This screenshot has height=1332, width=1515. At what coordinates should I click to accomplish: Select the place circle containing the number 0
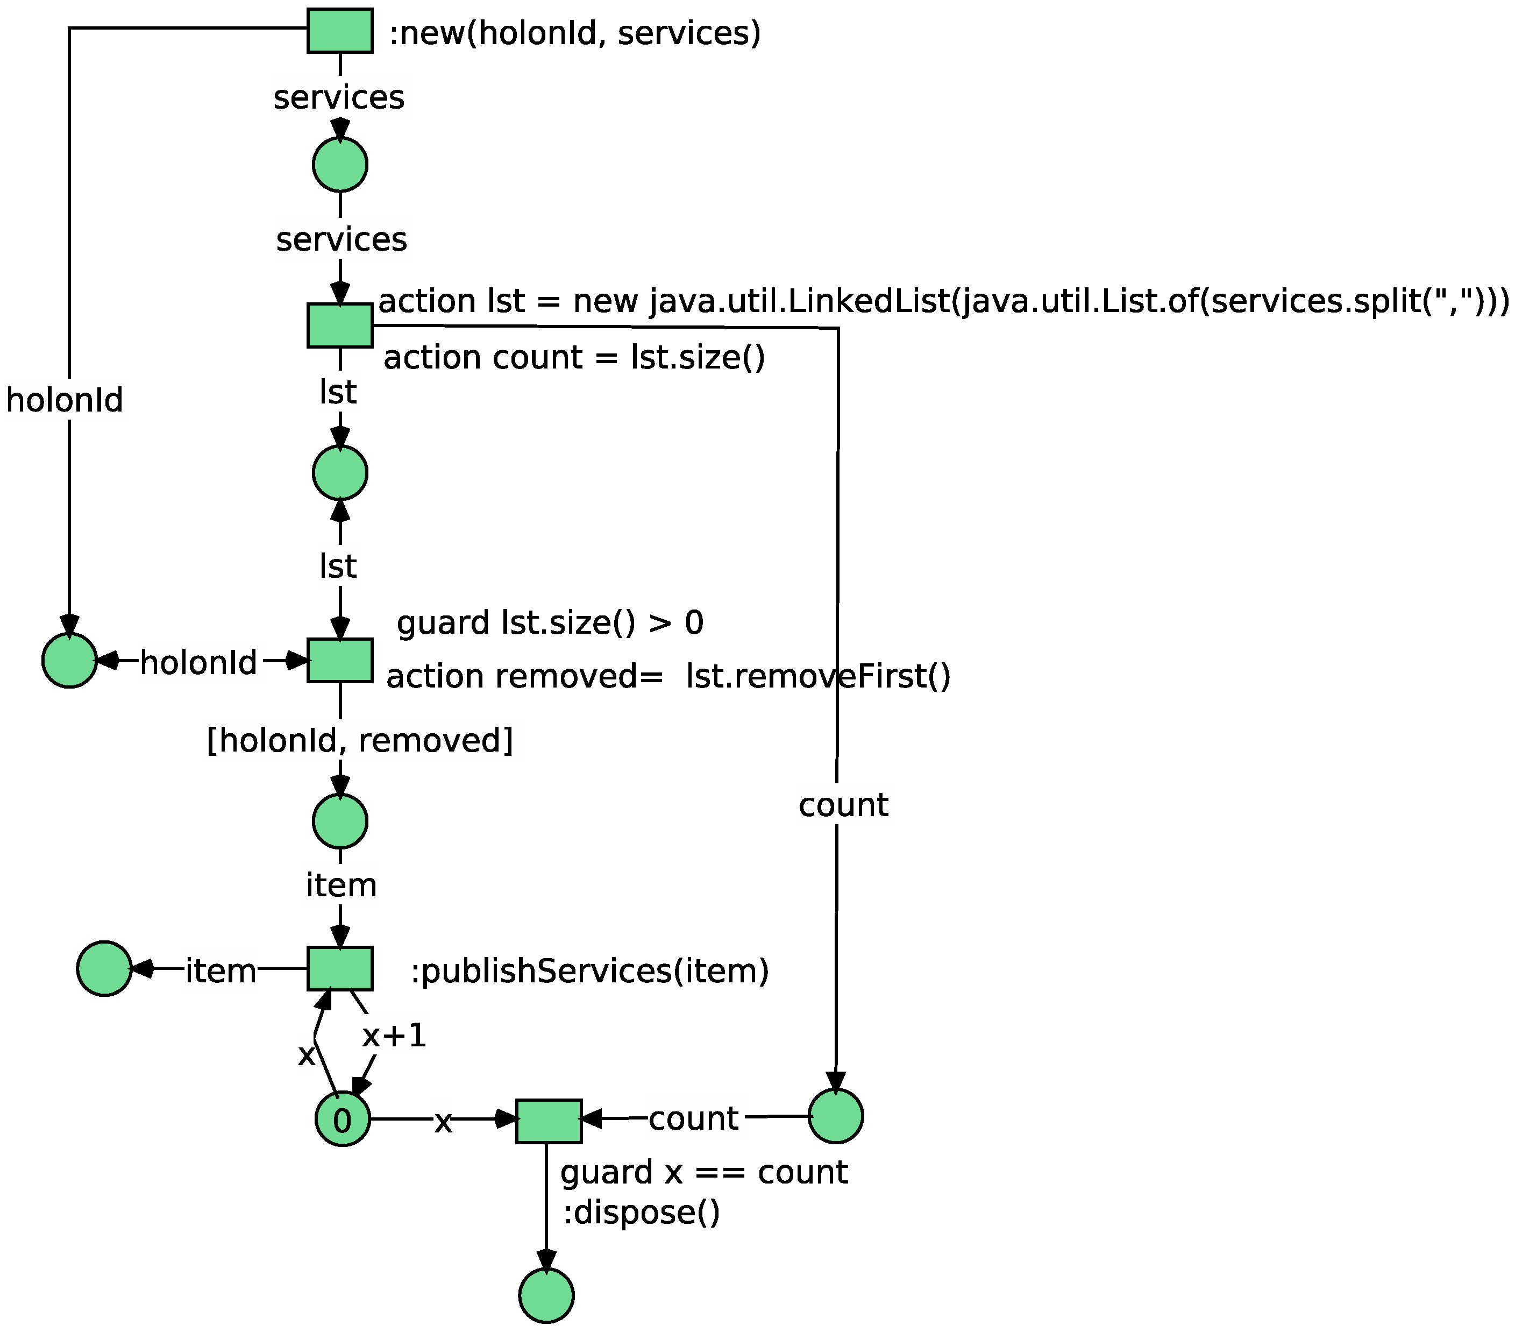click(x=343, y=1120)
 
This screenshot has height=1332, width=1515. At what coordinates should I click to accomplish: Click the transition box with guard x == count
click(x=549, y=1121)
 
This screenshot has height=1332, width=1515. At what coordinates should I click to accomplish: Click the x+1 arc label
click(x=394, y=1036)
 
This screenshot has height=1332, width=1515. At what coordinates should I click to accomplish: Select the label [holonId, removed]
click(x=359, y=740)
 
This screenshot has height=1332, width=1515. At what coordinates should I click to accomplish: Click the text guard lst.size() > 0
click(x=550, y=622)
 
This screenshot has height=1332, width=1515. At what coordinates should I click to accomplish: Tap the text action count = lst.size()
click(x=574, y=357)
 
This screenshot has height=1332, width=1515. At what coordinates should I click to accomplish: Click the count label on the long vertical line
click(x=843, y=805)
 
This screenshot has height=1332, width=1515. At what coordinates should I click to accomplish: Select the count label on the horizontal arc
click(x=693, y=1118)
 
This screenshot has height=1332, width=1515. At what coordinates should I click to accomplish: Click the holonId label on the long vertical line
click(x=65, y=400)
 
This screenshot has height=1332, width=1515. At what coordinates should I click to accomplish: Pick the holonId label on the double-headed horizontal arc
click(x=198, y=662)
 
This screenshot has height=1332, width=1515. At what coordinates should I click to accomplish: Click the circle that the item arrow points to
click(x=104, y=969)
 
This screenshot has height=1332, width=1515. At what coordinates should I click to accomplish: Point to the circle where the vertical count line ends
click(x=835, y=1116)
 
